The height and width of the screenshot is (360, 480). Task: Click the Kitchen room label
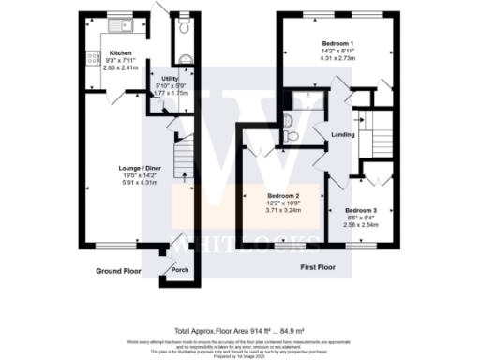coord(121,53)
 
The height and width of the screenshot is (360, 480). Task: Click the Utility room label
coord(170,79)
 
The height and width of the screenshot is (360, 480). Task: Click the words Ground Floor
coord(120,270)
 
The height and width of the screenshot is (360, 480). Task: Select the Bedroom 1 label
coord(338,45)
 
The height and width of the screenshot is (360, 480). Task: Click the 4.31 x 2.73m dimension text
coord(338,59)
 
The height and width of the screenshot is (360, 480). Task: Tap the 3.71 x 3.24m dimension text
coord(283,211)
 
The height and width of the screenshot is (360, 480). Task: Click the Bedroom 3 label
coord(360,210)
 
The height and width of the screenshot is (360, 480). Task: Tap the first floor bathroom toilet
coord(292,136)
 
